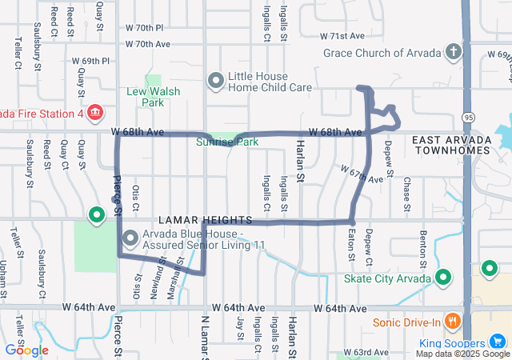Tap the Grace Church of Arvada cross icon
454,54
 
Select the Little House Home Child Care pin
215,80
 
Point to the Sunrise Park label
228,142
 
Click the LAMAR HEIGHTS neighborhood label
205,219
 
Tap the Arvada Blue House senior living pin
130,238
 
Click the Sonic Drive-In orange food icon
453,322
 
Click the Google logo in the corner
26,350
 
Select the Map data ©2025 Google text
462,354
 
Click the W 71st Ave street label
342,36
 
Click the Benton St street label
423,247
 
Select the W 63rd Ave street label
366,352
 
